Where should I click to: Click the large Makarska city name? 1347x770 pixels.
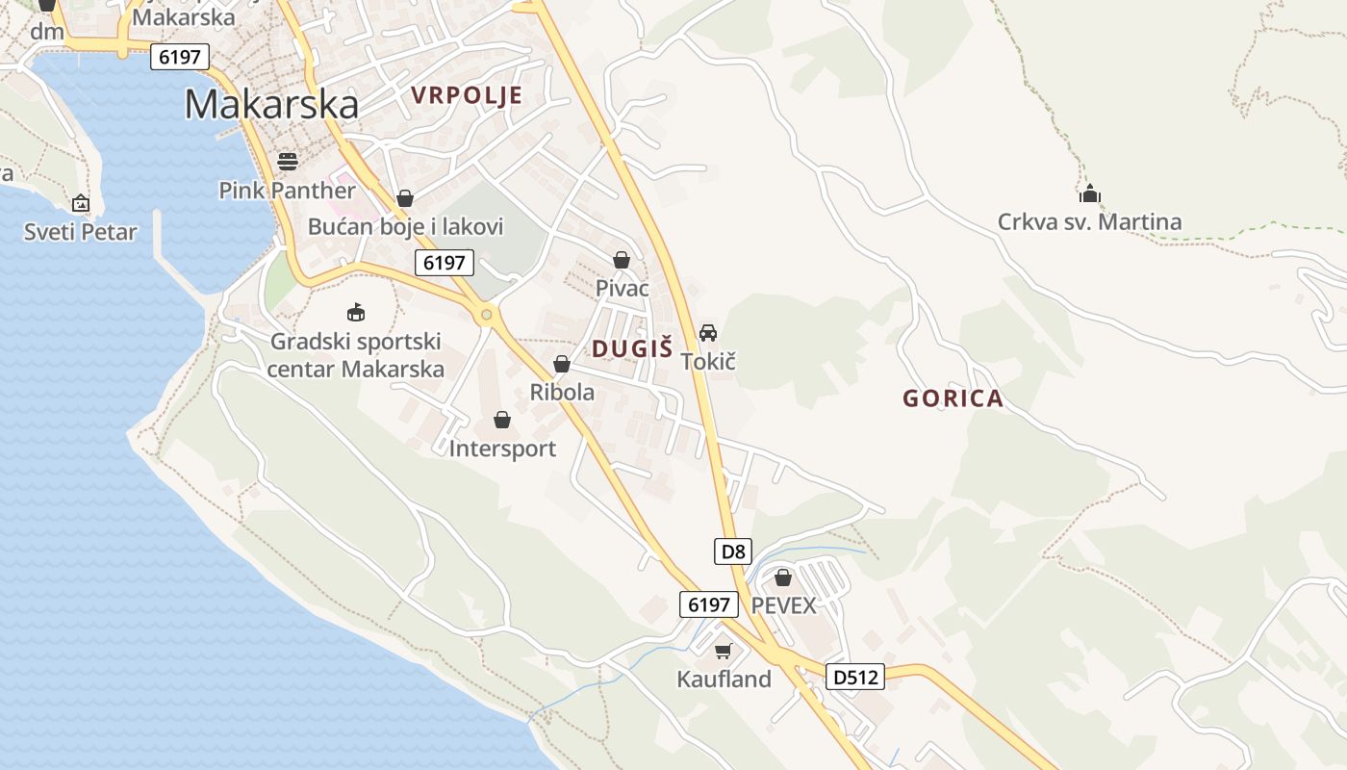tap(271, 104)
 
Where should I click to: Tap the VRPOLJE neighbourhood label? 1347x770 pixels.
tap(467, 95)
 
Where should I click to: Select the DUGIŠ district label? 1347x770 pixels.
tap(631, 349)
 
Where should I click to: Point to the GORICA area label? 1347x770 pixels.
tap(953, 398)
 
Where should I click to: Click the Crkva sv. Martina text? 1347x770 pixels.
tap(1089, 222)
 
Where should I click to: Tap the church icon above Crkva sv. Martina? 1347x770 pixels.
tap(1089, 194)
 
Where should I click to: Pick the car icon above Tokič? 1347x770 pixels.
tap(708, 333)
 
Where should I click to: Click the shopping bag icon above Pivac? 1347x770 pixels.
tap(622, 260)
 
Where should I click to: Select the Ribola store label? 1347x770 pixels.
tap(562, 393)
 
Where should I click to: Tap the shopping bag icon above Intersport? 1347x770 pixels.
tap(502, 420)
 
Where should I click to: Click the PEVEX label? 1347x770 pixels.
tap(783, 605)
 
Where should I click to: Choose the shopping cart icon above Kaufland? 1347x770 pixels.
tap(724, 652)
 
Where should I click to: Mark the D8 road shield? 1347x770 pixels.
tap(733, 552)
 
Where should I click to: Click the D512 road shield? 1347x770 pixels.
tap(855, 678)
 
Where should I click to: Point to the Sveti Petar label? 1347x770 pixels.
tap(81, 232)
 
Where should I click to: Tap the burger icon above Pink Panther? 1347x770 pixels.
tap(287, 161)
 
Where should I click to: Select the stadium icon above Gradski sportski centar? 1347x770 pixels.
tap(356, 313)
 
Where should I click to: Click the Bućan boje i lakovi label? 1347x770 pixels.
tap(405, 227)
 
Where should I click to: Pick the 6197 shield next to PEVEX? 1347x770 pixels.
tap(709, 604)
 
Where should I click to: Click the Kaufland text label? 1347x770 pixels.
tap(724, 680)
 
